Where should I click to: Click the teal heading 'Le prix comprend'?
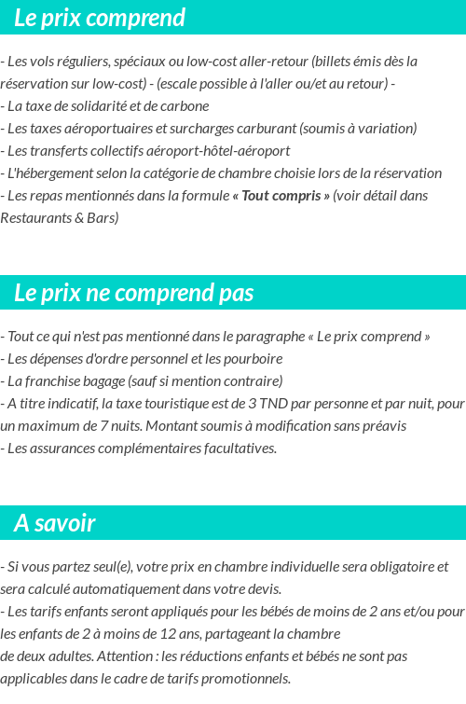100,18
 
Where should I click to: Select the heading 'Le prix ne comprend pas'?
133,293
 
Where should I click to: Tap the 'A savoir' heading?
55,523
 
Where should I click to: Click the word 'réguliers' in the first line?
83,61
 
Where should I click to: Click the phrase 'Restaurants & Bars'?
60,217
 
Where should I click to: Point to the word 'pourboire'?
254,358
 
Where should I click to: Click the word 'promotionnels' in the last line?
245,678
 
